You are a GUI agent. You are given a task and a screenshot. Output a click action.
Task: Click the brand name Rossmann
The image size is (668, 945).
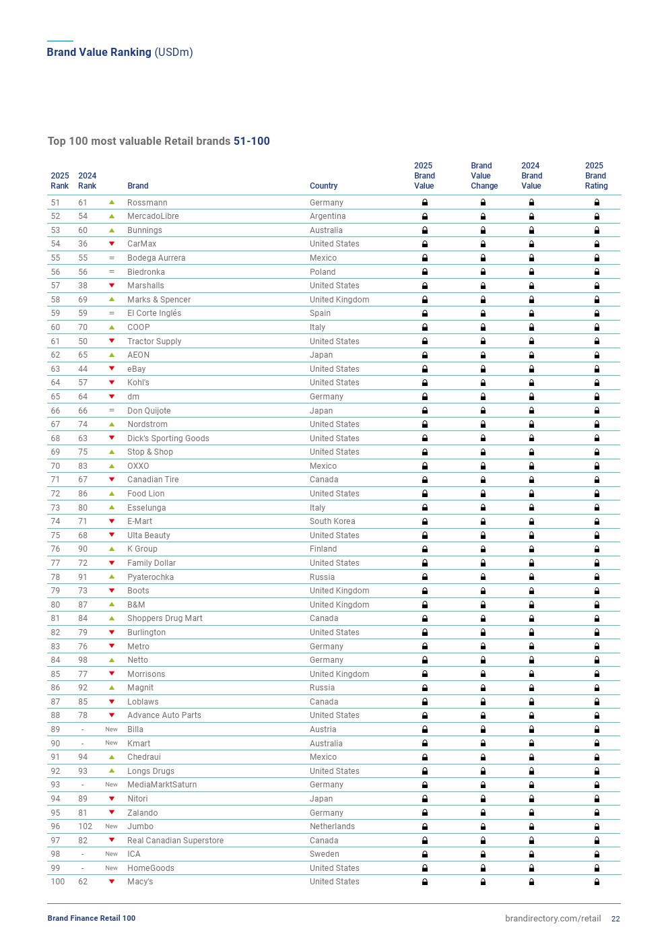point(147,203)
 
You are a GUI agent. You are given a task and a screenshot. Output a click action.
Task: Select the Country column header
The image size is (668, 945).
point(323,186)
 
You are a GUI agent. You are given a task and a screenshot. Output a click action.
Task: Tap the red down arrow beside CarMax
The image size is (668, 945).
point(112,244)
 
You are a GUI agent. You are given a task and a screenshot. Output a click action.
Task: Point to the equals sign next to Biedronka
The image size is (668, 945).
point(112,272)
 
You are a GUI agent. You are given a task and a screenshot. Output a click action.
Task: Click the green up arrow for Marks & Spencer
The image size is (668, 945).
point(112,300)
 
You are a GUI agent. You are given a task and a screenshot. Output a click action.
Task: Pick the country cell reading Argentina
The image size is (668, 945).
point(327,216)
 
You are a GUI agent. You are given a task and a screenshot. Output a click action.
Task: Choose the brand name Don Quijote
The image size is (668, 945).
point(149,411)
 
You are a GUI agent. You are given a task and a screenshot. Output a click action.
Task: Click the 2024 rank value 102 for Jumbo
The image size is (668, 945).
point(85,826)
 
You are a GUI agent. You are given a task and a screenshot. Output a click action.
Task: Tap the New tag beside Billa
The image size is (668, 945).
point(111,729)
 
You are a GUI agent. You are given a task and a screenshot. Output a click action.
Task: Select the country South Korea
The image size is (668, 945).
point(332,521)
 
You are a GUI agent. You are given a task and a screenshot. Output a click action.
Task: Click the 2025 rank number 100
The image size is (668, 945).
point(58,882)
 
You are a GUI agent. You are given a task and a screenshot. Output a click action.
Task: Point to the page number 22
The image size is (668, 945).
point(615,919)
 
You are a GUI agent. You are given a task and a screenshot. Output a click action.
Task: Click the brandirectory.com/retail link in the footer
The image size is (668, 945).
point(553,919)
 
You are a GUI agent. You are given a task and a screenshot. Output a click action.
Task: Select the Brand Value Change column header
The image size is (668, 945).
point(483,176)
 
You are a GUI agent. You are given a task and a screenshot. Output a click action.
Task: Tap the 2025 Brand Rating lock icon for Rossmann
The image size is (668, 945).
point(597,203)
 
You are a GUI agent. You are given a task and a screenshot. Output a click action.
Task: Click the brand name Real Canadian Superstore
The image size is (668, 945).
point(175,841)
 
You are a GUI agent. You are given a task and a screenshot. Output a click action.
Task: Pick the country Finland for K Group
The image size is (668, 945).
point(323,549)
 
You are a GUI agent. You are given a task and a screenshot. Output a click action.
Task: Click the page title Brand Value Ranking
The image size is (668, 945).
point(99,53)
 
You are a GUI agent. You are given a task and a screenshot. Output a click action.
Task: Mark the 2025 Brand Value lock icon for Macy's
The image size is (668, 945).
point(425,882)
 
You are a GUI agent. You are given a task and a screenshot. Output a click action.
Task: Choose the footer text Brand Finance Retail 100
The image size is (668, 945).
point(92,918)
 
